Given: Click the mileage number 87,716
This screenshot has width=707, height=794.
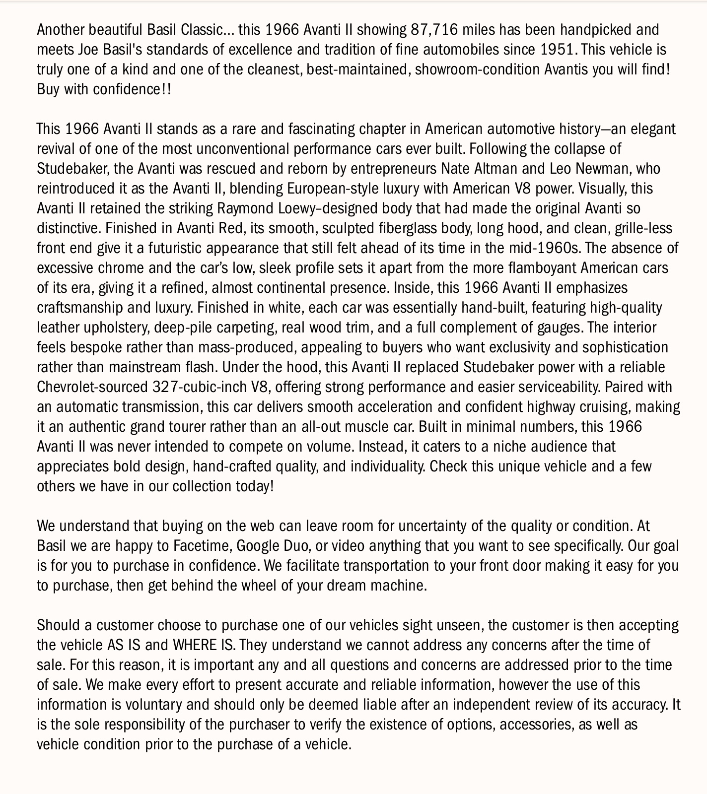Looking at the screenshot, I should [x=434, y=30].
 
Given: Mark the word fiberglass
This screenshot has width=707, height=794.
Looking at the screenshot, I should [x=424, y=228].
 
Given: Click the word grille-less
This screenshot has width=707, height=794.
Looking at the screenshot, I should [x=643, y=228].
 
